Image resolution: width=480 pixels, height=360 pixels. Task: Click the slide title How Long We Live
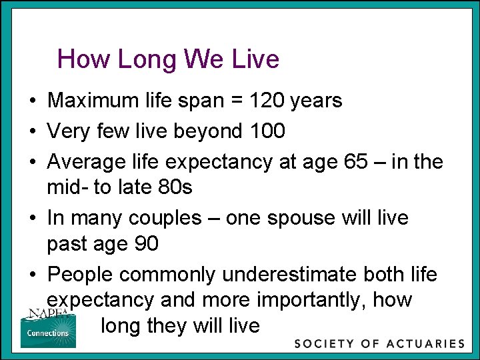point(168,59)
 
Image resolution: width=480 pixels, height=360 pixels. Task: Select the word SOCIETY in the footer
point(324,344)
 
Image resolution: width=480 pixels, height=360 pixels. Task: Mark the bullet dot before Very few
point(32,132)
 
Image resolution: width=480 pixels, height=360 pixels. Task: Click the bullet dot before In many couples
point(32,219)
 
